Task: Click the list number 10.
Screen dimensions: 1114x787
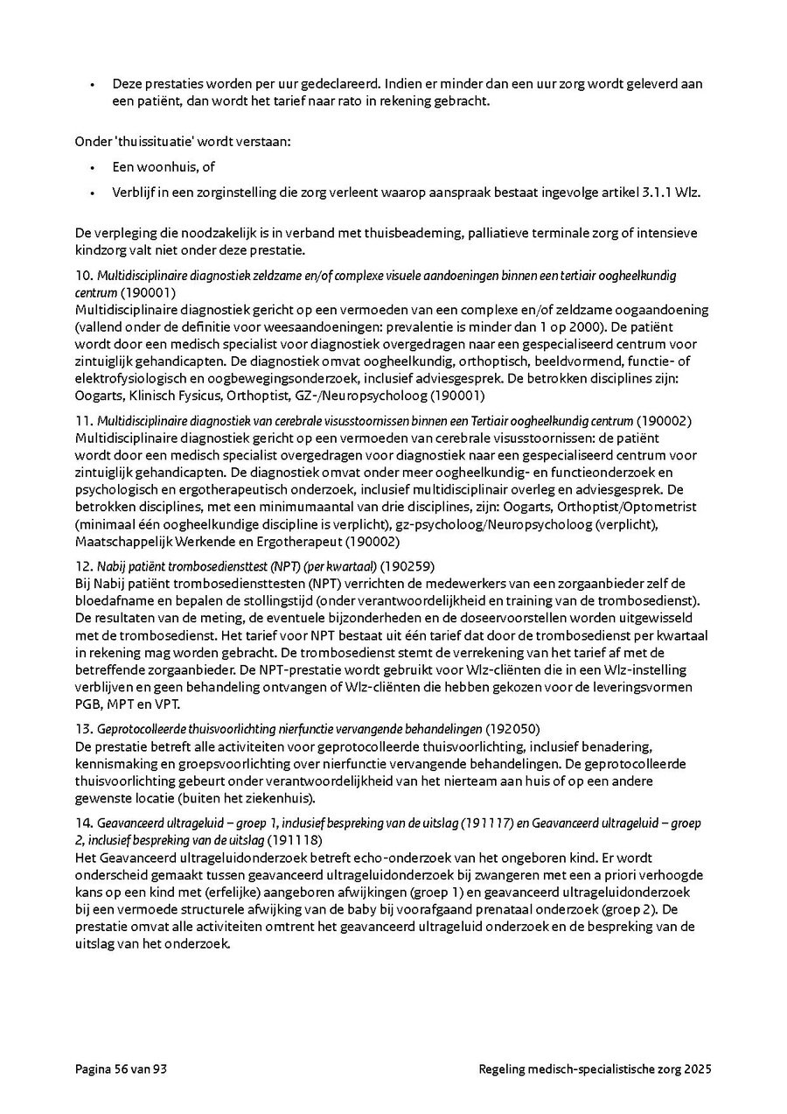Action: (82, 276)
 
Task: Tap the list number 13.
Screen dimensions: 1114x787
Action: (82, 728)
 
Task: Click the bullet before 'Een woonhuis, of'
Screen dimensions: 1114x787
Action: (92, 166)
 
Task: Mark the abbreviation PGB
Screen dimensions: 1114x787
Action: (88, 704)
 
